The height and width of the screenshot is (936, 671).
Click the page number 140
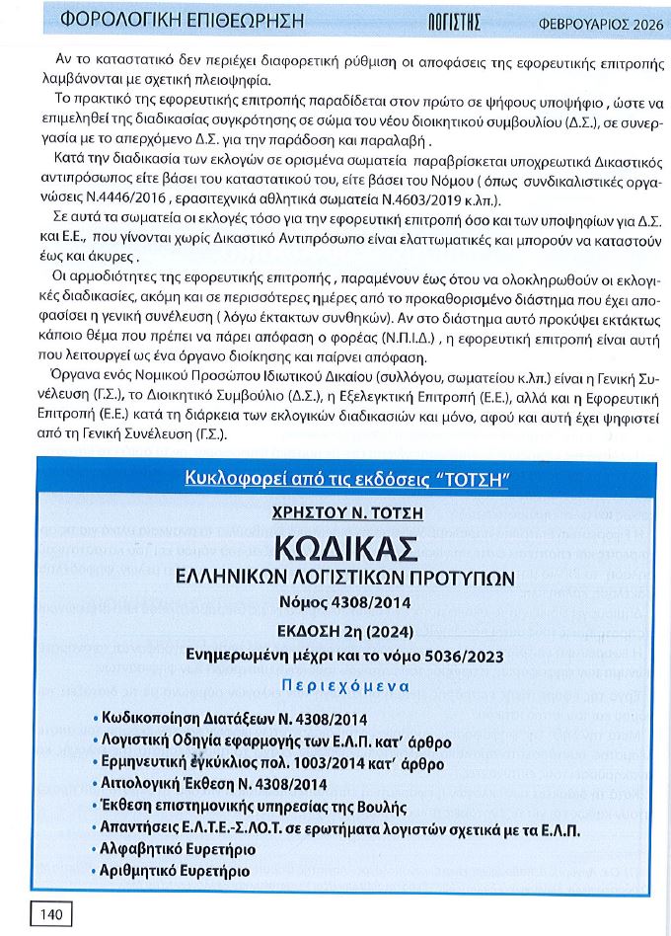coord(51,914)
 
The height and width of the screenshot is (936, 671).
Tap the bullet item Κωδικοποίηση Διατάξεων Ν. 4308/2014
coord(233,719)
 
